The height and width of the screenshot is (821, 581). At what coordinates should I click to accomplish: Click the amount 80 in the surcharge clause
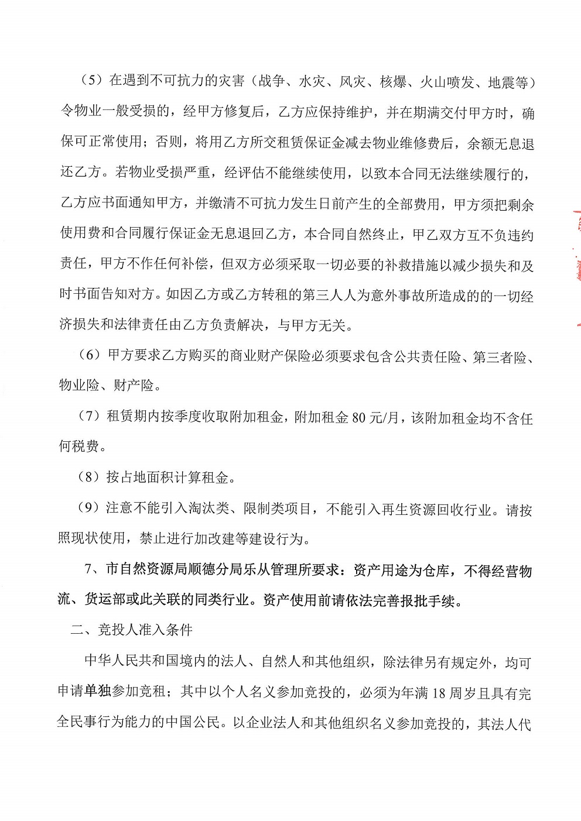[x=358, y=417]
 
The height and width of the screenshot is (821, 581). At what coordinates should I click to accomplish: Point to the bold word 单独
[x=97, y=693]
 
